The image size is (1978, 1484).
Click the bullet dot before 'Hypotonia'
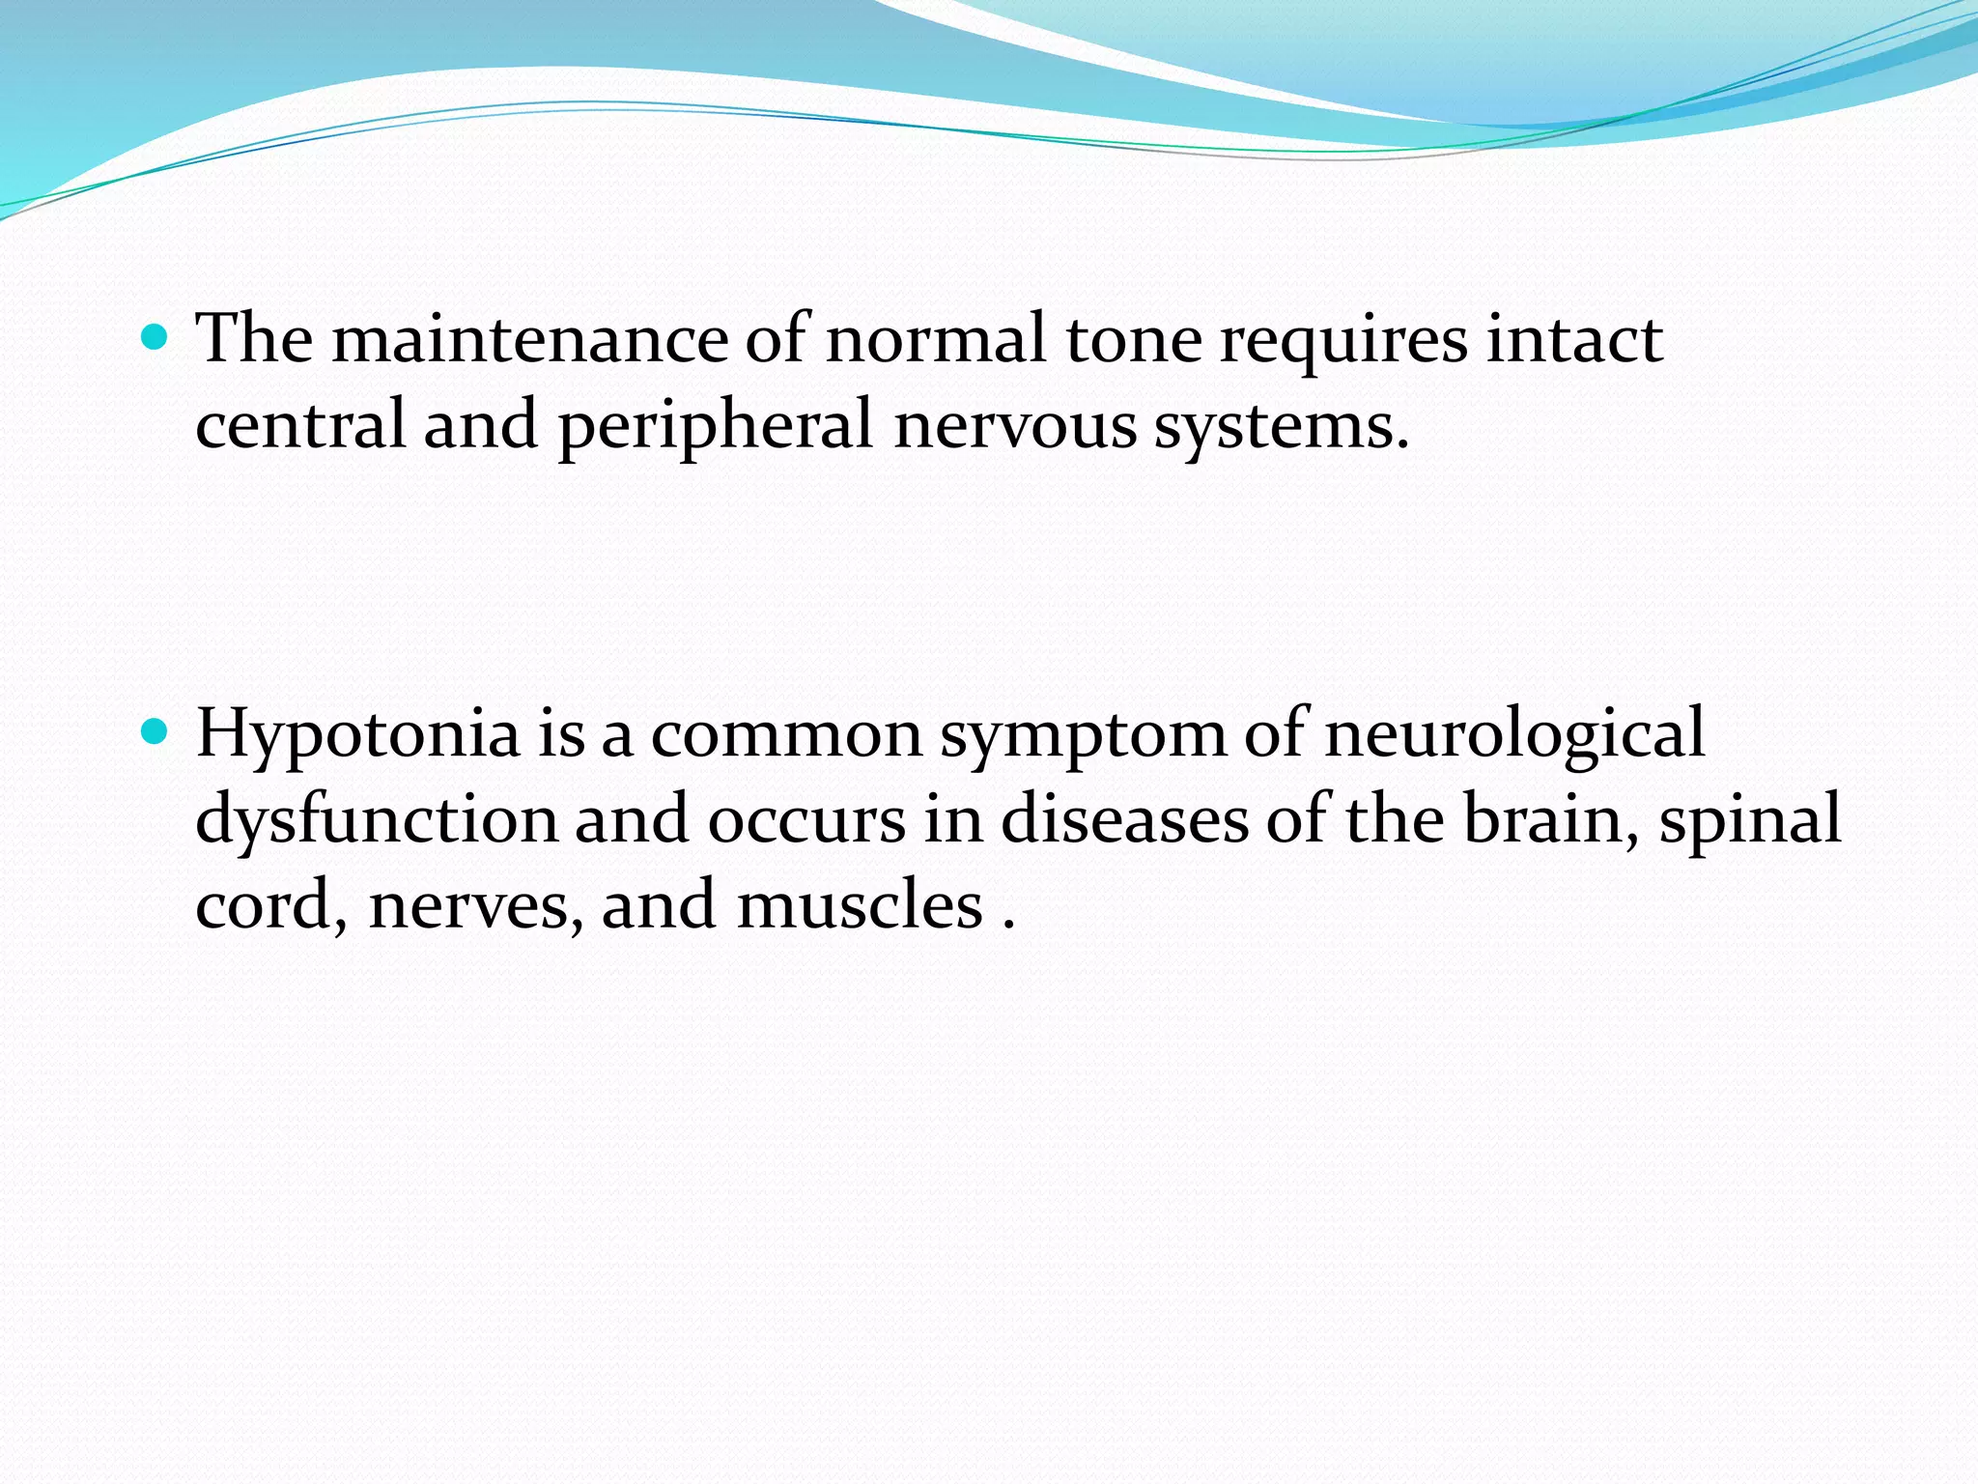[x=154, y=731]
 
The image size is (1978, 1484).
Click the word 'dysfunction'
[x=377, y=819]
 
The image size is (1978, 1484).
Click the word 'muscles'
[x=860, y=905]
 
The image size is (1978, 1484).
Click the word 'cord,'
[x=271, y=905]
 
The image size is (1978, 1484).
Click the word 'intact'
[x=1573, y=340]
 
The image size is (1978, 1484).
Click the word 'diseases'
[x=1124, y=819]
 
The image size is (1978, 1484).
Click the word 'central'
[x=299, y=426]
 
